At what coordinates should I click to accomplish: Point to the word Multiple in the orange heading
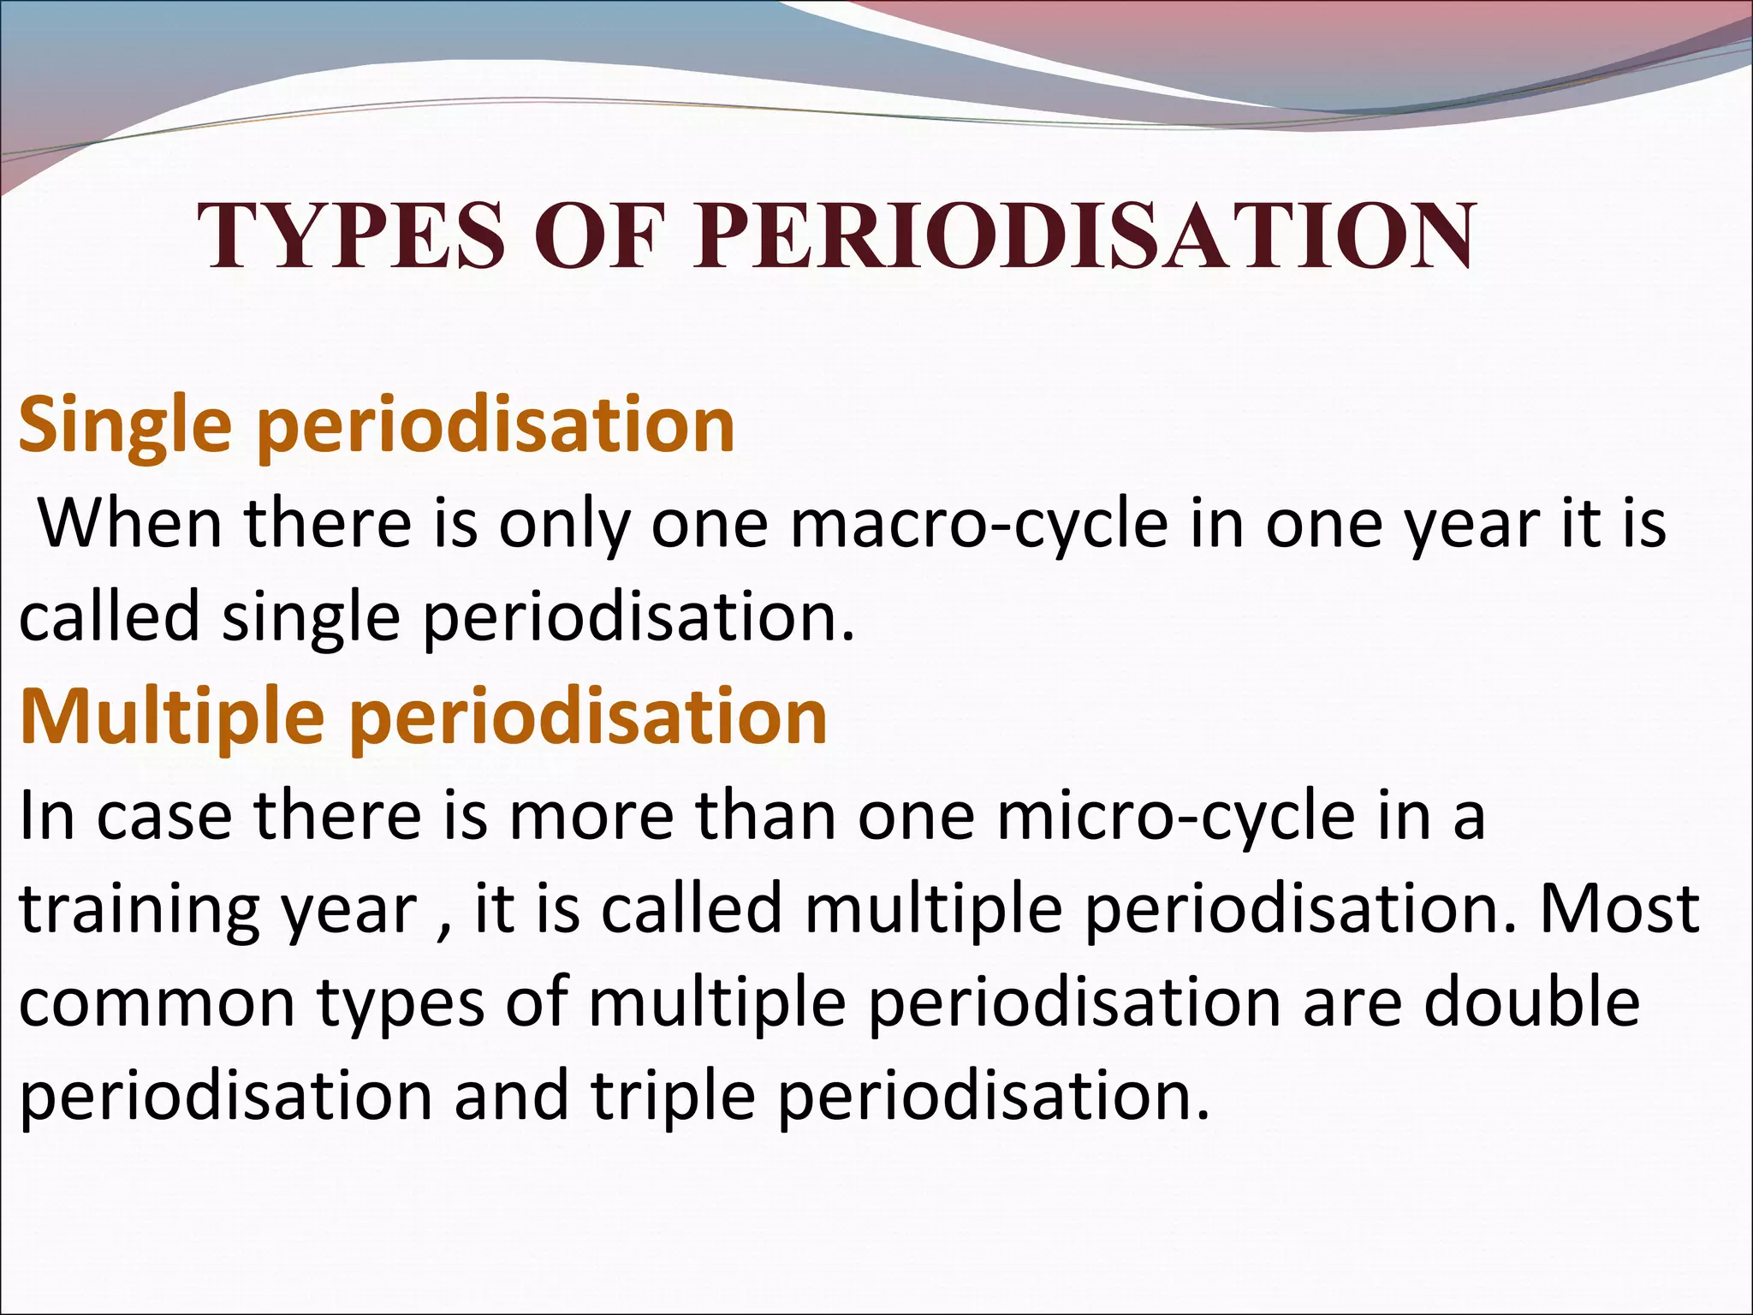(x=171, y=717)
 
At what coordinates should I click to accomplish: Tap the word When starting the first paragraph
(x=131, y=524)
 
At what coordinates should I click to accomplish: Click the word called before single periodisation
(x=109, y=618)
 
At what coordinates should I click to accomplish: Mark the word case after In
(x=163, y=817)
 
